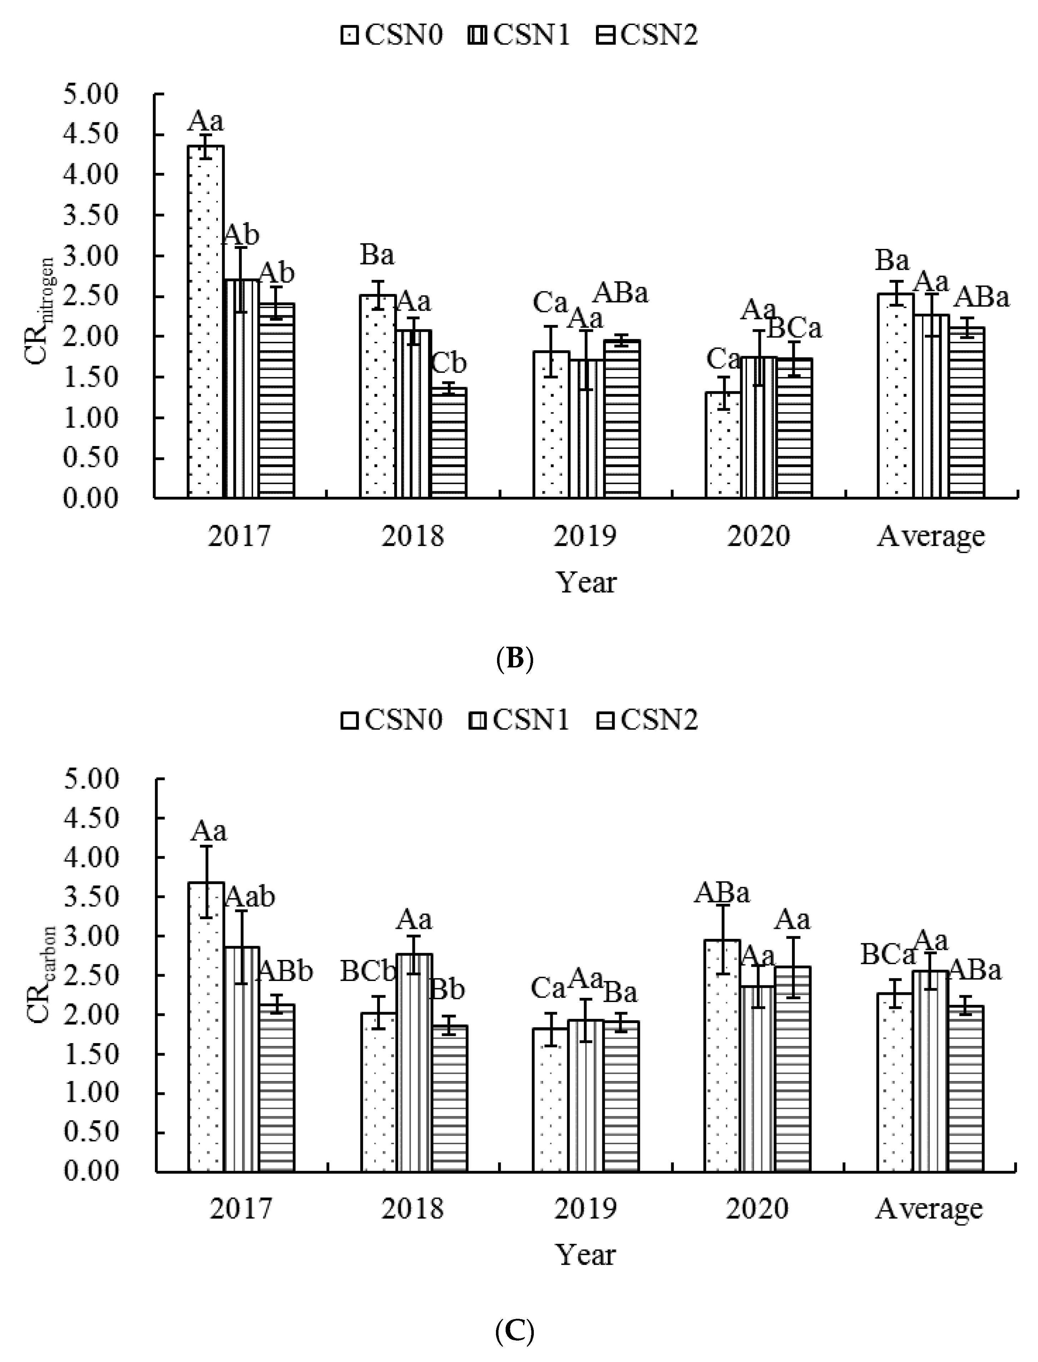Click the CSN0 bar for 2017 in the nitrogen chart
(x=206, y=321)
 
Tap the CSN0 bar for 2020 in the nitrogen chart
(x=723, y=445)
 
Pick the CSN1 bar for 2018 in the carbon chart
(x=413, y=1062)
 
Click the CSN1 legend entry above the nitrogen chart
(x=520, y=35)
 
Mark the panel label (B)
(x=514, y=659)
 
